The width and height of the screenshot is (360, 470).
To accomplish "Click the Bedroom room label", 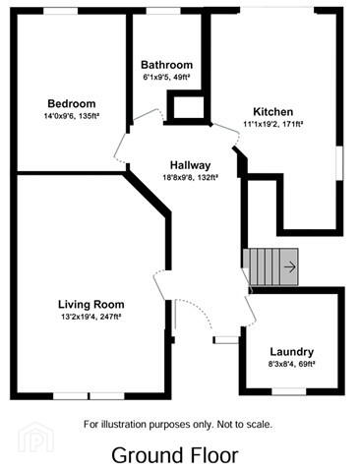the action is click(x=72, y=103).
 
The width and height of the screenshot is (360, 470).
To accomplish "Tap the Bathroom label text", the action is click(x=166, y=65).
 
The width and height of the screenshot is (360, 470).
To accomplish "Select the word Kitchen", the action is click(x=273, y=111).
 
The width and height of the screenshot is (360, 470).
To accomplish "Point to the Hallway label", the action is click(x=190, y=165).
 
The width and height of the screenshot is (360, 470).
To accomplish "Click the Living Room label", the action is click(x=91, y=305).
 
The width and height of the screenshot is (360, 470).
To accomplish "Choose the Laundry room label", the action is click(x=292, y=352).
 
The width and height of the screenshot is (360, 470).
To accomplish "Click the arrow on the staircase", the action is click(x=290, y=267).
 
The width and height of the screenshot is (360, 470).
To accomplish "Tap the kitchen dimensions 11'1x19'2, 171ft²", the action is click(x=272, y=124).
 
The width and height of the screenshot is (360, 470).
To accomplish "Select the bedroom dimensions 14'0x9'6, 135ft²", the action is click(x=72, y=116).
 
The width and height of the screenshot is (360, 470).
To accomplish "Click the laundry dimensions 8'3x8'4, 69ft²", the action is click(x=291, y=364).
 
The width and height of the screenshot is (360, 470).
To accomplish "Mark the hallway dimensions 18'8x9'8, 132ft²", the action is click(x=190, y=178).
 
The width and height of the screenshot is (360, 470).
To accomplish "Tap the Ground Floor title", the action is click(x=175, y=455).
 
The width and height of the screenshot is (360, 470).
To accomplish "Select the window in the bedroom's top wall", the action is click(x=61, y=11).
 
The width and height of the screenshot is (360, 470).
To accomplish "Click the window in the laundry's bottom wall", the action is click(x=289, y=391).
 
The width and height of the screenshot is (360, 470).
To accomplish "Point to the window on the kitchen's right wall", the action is click(x=339, y=163).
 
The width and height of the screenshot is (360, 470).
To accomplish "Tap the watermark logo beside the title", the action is click(x=36, y=438).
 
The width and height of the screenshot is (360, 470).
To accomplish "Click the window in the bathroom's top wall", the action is click(x=163, y=11).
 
